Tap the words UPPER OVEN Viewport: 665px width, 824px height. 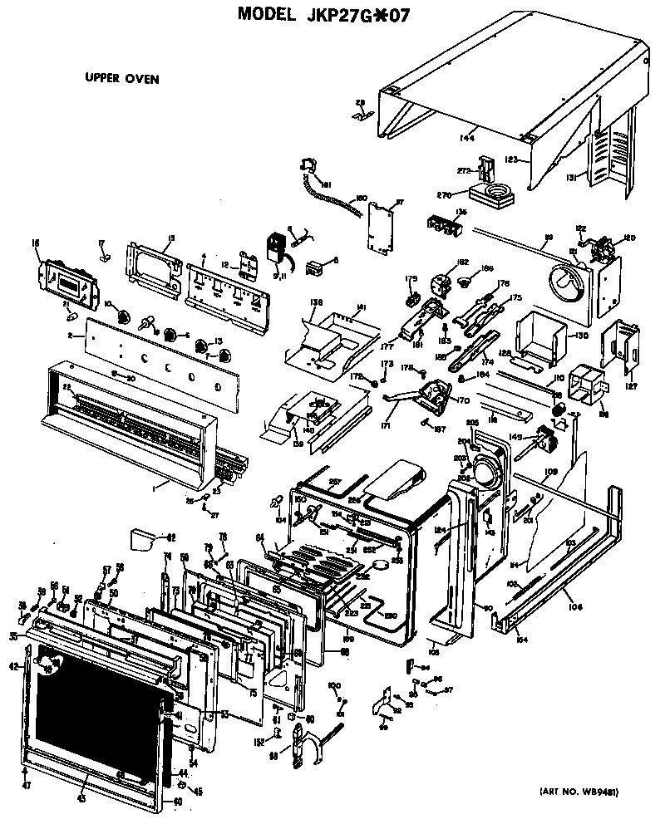[121, 79]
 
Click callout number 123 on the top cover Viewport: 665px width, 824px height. [511, 159]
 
